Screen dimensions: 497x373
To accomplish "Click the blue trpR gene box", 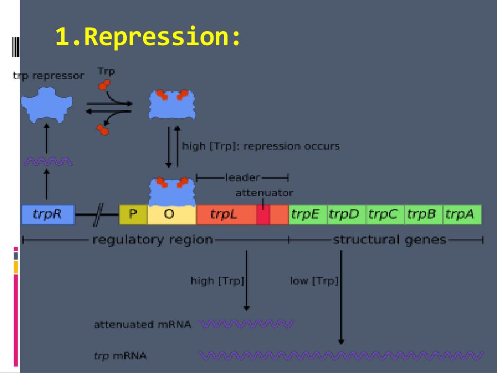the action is coord(48,215).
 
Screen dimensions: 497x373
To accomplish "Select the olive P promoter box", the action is coord(133,215).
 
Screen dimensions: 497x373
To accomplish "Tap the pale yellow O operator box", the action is coord(172,215).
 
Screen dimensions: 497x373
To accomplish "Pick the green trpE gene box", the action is coord(308,215).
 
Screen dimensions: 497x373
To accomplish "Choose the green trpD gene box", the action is coord(347,215).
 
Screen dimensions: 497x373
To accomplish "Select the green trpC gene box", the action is coord(385,215).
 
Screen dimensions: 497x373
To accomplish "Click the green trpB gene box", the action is coord(423,215).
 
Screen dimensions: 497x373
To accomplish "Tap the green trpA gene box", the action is coord(462,215).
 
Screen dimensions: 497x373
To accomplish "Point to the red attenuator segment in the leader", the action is coord(263,215).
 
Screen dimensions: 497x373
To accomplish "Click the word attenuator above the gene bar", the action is coord(264,193).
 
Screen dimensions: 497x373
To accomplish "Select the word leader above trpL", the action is coord(243,177).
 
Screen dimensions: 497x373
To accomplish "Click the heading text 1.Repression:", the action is coord(148,36).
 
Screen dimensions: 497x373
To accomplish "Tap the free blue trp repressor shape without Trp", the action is coord(47,105).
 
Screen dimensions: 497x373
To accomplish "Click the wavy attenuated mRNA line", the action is coord(247,324).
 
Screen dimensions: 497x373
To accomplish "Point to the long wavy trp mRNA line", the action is coord(341,355).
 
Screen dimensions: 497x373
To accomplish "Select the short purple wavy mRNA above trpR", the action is coord(48,162).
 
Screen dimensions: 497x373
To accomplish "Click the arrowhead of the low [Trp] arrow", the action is coord(341,341).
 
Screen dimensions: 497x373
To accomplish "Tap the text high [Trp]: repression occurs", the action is coord(261,146).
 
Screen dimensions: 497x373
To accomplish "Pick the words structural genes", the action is coord(390,240).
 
